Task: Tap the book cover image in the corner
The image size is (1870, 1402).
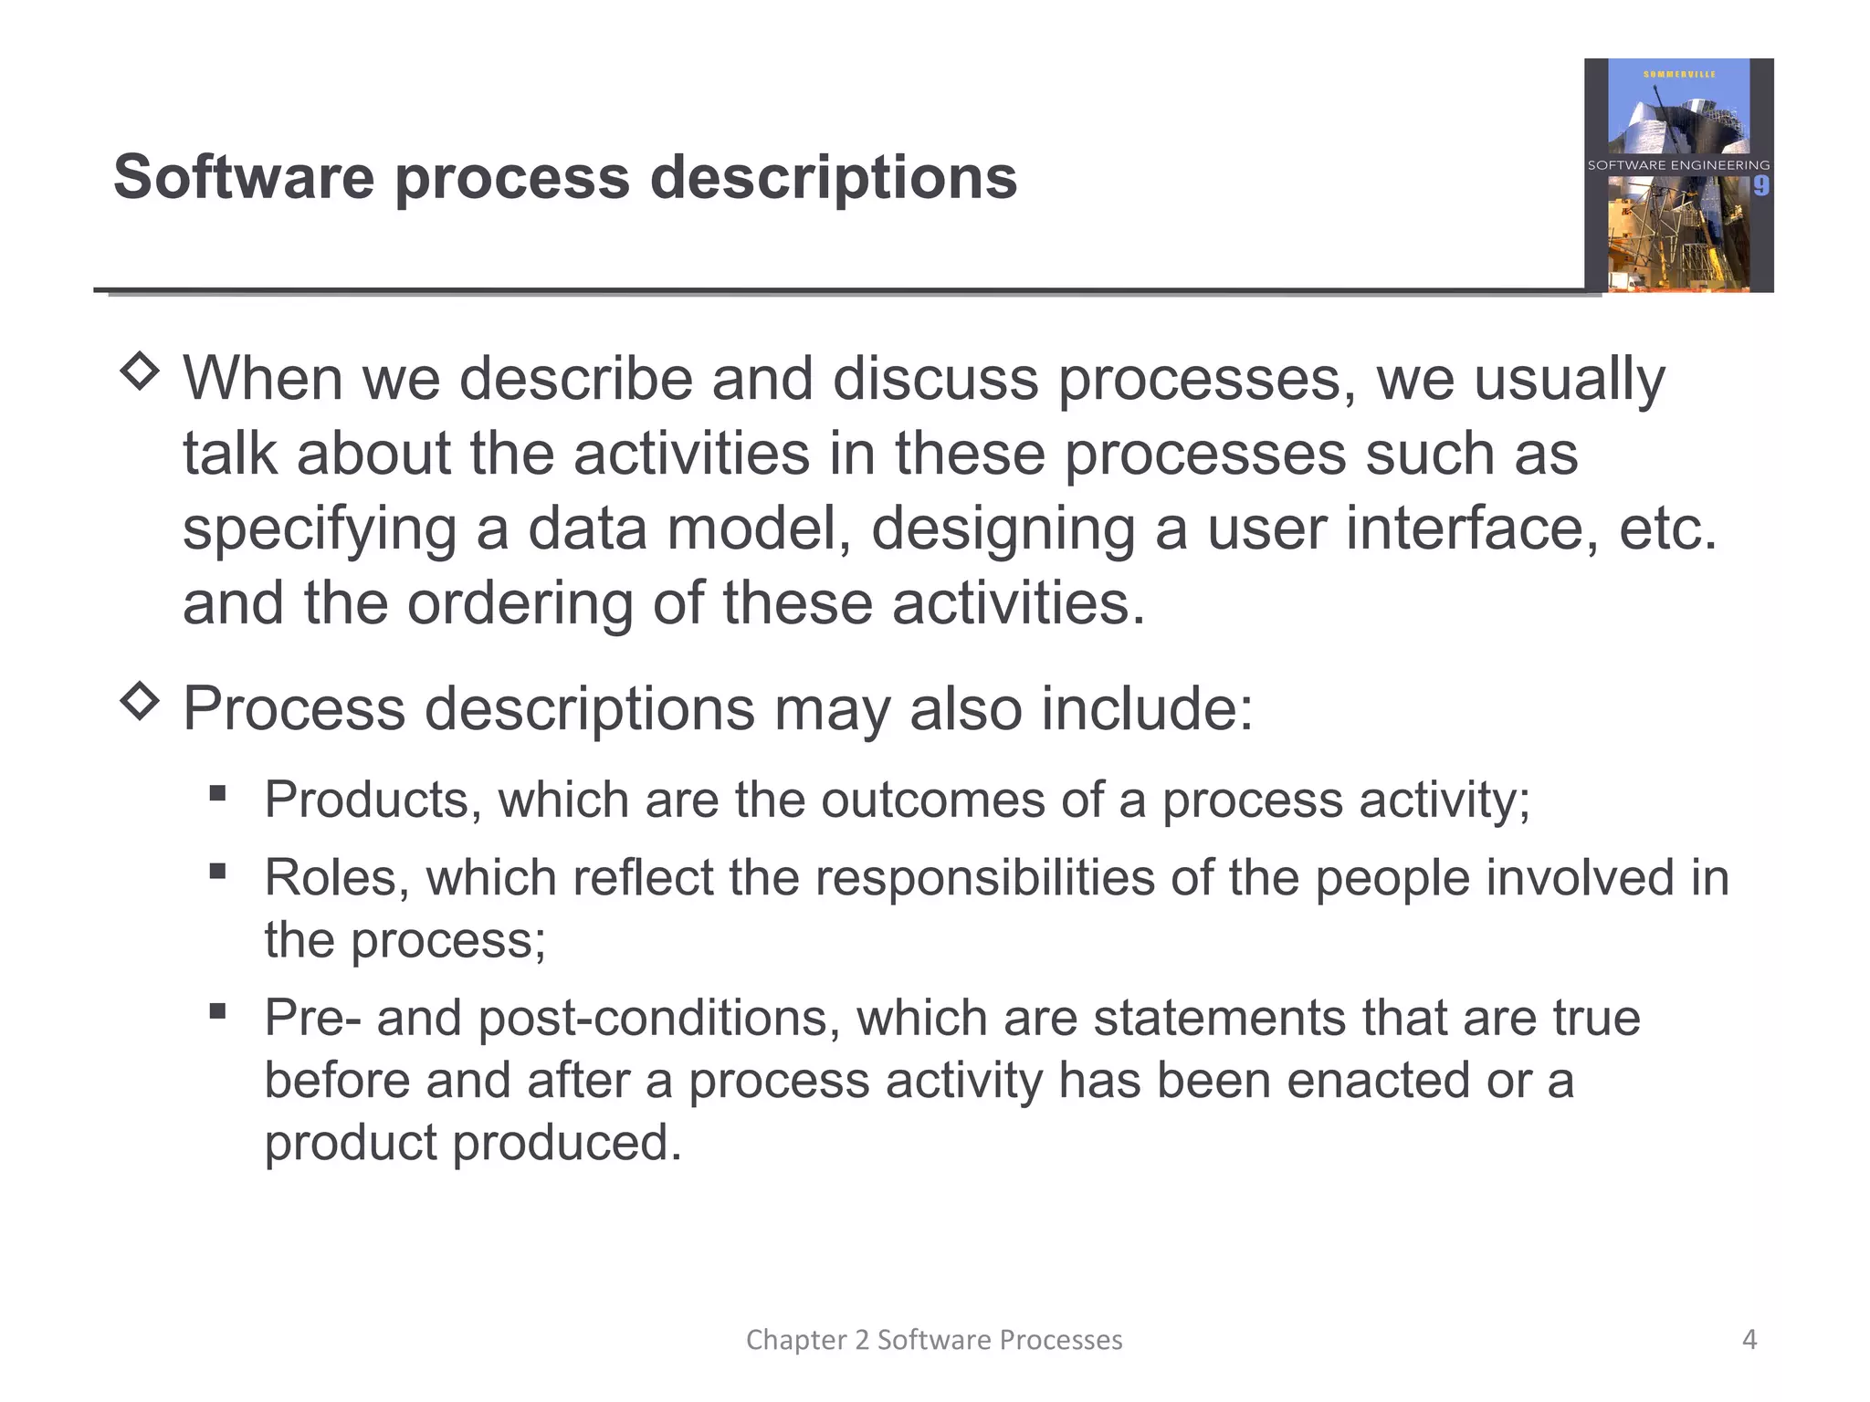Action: [x=1678, y=175]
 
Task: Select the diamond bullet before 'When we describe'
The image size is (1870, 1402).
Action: [x=140, y=371]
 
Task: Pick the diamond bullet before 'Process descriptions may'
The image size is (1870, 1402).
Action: [x=140, y=700]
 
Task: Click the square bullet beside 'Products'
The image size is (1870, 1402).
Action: [x=217, y=792]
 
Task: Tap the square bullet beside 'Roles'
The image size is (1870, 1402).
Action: [x=217, y=871]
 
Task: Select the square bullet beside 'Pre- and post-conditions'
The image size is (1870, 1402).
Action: [x=217, y=1010]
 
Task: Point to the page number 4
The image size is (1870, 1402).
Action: [x=1749, y=1339]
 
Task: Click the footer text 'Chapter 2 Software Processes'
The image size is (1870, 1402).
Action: [x=934, y=1339]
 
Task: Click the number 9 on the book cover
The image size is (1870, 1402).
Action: [x=1760, y=187]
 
